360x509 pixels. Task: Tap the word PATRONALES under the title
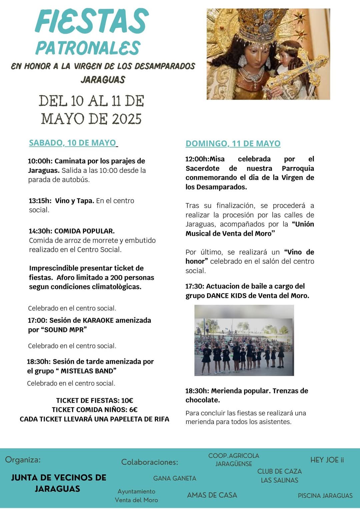pyautogui.click(x=88, y=48)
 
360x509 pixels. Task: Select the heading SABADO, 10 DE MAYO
pyautogui.click(x=72, y=143)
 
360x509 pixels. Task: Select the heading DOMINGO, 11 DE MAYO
pyautogui.click(x=233, y=144)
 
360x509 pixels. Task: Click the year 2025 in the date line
pyautogui.click(x=127, y=119)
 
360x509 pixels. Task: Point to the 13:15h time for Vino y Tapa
pyautogui.click(x=40, y=201)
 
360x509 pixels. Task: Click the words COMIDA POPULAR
pyautogui.click(x=84, y=231)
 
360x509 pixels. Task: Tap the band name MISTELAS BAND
pyautogui.click(x=88, y=371)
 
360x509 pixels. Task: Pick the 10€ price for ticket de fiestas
pyautogui.click(x=127, y=400)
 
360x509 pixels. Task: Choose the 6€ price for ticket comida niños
pyautogui.click(x=133, y=410)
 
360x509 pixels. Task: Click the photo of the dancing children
pyautogui.click(x=244, y=340)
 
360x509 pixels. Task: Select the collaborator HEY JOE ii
pyautogui.click(x=327, y=460)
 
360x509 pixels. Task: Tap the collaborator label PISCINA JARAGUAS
pyautogui.click(x=325, y=496)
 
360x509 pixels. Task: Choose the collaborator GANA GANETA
pyautogui.click(x=175, y=478)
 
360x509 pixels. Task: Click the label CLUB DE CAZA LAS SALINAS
pyautogui.click(x=279, y=476)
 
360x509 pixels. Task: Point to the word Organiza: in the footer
pyautogui.click(x=23, y=460)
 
